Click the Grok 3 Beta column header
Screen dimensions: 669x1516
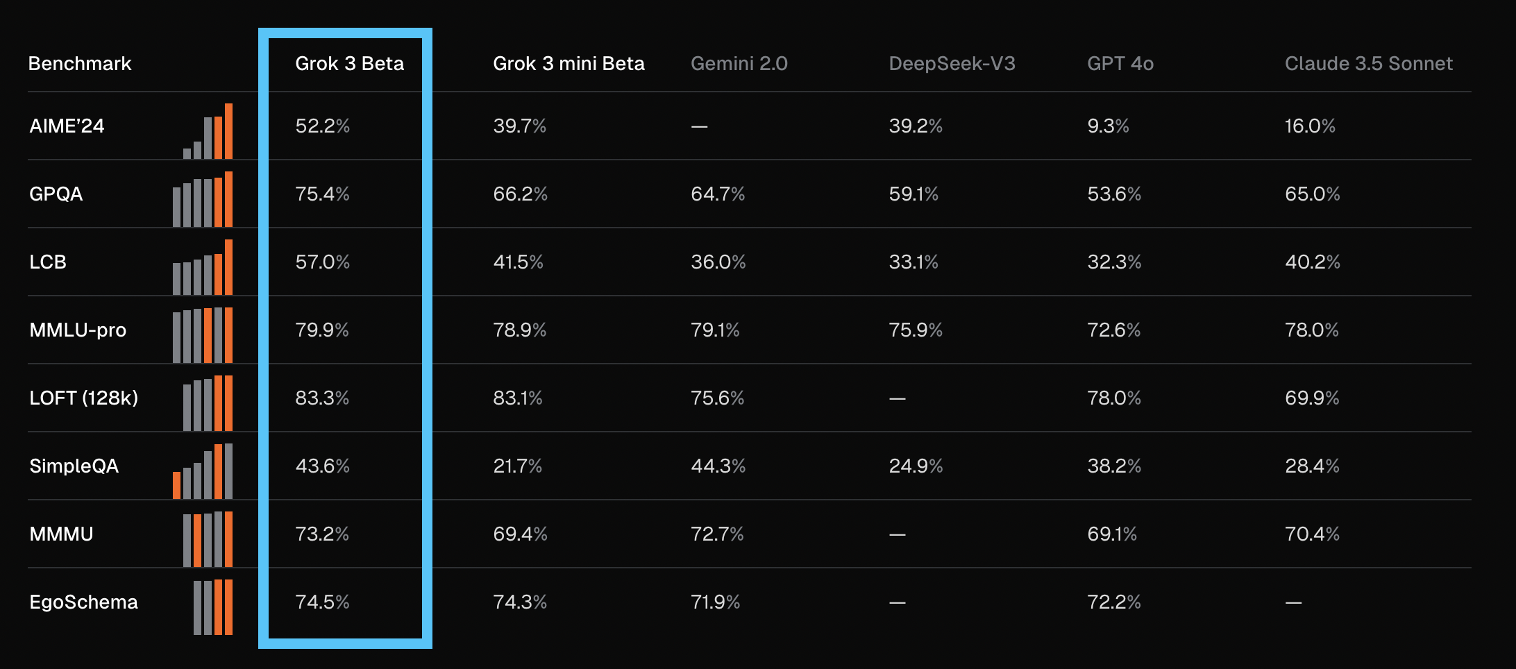[349, 64]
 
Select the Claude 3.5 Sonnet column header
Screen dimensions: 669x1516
[1368, 64]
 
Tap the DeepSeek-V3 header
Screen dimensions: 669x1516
[952, 64]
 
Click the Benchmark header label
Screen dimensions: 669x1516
[80, 64]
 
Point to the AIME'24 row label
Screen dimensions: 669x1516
[67, 126]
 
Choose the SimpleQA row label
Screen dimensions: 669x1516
[74, 466]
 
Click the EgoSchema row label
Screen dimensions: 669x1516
[83, 602]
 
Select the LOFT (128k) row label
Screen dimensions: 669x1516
[83, 398]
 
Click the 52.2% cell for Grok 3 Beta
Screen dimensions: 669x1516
[322, 126]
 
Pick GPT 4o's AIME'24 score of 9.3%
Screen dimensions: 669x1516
[1108, 126]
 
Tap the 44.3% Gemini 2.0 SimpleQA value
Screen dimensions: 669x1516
[718, 466]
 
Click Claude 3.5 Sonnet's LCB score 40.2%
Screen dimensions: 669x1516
[1312, 262]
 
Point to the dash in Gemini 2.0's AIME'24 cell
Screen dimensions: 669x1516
[699, 126]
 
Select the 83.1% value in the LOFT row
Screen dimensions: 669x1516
[518, 398]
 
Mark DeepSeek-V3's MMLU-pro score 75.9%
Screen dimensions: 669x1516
[916, 330]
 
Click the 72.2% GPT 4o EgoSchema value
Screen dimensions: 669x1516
[1114, 602]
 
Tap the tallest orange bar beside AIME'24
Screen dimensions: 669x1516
[228, 131]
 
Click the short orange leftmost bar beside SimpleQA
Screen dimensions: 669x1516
[176, 485]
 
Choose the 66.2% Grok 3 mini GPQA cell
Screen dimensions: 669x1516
[520, 194]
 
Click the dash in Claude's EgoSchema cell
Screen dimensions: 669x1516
[1293, 602]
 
